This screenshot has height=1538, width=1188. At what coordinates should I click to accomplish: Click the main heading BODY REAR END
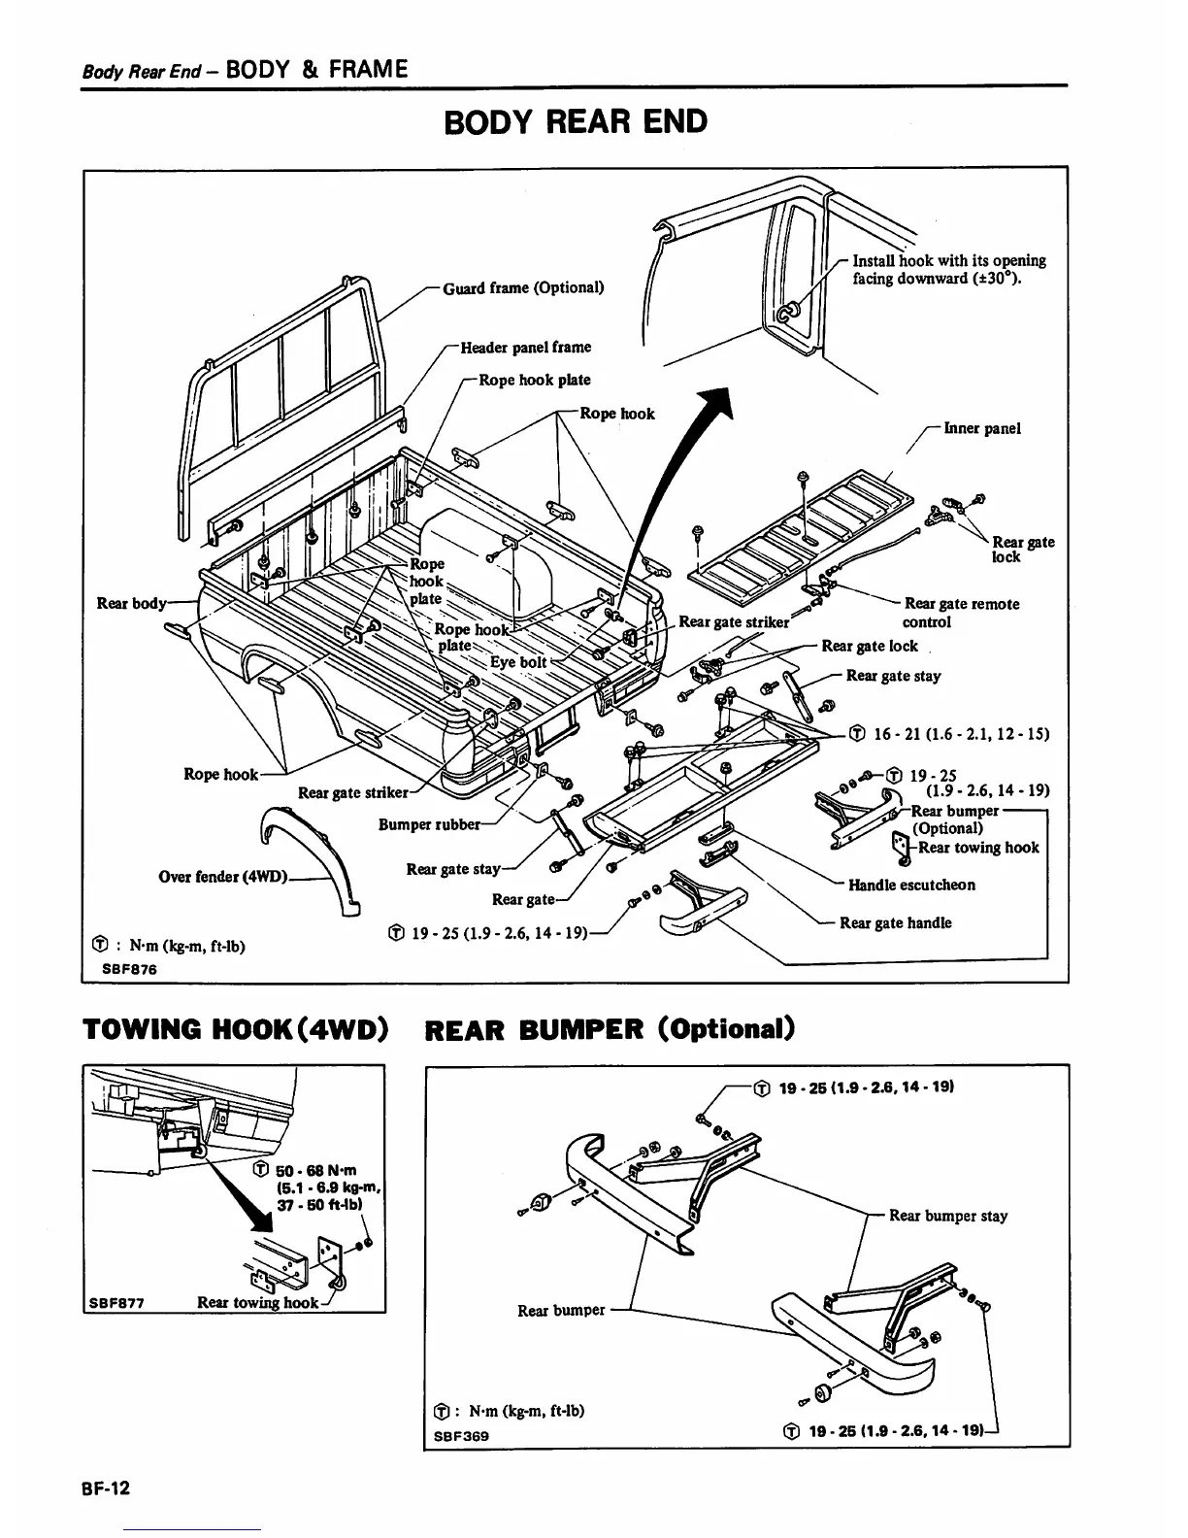coord(575,122)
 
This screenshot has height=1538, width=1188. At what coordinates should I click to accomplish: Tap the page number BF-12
coord(107,1488)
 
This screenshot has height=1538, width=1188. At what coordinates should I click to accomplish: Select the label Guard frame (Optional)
coord(523,287)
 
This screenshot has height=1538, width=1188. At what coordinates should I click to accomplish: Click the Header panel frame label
coord(525,347)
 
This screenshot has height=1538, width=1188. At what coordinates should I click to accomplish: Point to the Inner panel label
coord(981,428)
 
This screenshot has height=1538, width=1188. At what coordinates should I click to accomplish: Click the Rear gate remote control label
coord(961,613)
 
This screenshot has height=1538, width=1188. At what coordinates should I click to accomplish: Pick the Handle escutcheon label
coord(911,885)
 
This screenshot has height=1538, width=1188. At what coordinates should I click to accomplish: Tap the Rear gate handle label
coord(895,922)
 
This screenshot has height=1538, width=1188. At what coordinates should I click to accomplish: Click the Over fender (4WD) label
coord(222,876)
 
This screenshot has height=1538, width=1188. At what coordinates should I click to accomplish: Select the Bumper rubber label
coord(429,824)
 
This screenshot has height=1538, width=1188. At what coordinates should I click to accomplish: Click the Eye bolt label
coord(518,662)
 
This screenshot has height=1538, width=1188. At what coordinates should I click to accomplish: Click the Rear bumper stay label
coord(947,1215)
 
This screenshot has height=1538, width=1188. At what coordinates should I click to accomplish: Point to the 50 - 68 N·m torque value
coord(318,1171)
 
